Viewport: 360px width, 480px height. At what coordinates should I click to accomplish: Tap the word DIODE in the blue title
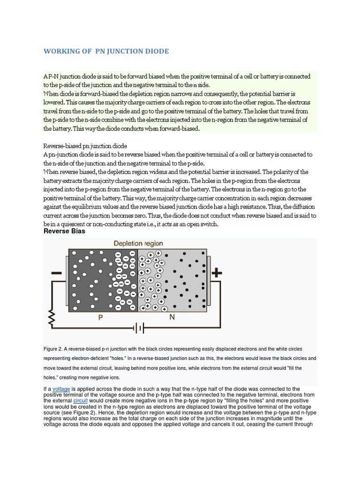(x=155, y=51)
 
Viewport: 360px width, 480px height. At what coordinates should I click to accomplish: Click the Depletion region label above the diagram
(x=138, y=243)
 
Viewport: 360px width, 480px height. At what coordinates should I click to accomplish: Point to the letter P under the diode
(x=100, y=317)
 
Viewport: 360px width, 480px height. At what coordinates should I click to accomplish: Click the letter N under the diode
(x=172, y=317)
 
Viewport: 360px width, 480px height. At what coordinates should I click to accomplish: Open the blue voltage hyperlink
(x=61, y=389)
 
